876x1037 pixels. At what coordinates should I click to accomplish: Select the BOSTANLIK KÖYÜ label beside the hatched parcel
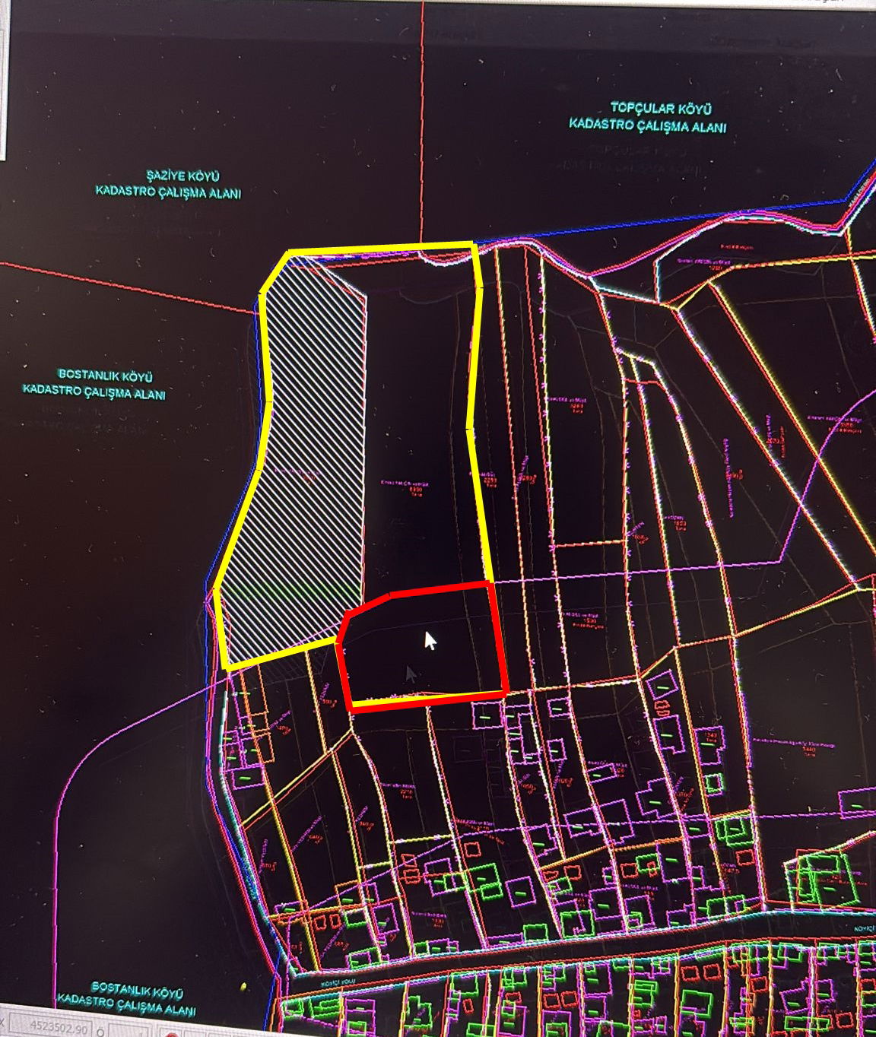pyautogui.click(x=106, y=376)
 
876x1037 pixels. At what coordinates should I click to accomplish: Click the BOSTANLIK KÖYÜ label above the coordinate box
pyautogui.click(x=137, y=991)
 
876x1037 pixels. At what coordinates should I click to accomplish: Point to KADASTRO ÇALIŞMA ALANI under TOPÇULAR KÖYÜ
pyautogui.click(x=647, y=126)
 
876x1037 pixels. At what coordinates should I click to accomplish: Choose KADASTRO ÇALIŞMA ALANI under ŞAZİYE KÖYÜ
pyautogui.click(x=168, y=192)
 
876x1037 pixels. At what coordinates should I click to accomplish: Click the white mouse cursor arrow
pyautogui.click(x=430, y=640)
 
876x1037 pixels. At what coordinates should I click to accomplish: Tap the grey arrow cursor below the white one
pyautogui.click(x=411, y=674)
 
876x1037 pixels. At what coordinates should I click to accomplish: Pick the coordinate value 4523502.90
pyautogui.click(x=59, y=1027)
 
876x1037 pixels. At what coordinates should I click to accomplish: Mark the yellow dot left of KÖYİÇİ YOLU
pyautogui.click(x=243, y=987)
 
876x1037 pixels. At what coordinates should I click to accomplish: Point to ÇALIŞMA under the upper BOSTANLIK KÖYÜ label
pyautogui.click(x=109, y=394)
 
